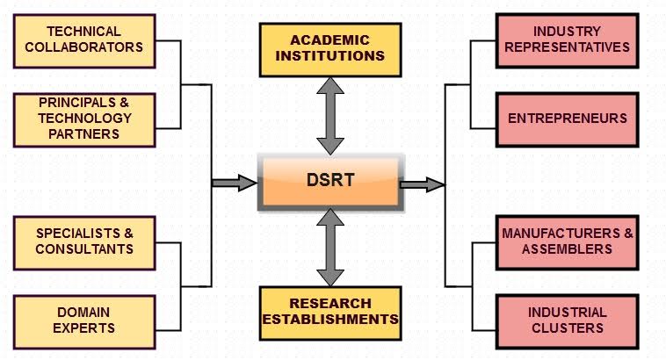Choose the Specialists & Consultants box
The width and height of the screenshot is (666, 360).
click(84, 241)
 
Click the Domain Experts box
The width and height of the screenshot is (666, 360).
click(84, 320)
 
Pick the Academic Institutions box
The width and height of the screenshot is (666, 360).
click(330, 48)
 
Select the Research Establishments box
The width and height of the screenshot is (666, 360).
click(330, 313)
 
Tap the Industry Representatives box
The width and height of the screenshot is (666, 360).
click(567, 40)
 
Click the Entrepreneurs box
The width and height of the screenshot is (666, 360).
click(567, 118)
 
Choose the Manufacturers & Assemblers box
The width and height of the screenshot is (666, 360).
click(567, 241)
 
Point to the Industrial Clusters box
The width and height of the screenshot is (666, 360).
click(567, 320)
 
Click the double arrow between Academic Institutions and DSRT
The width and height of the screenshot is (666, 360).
click(330, 115)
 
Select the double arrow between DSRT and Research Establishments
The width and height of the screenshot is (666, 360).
click(330, 248)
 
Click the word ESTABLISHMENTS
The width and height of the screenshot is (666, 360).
click(330, 320)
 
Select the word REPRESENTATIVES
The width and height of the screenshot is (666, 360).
click(567, 47)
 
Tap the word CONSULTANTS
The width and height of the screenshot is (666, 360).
click(84, 248)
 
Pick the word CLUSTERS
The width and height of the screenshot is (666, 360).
click(567, 328)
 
